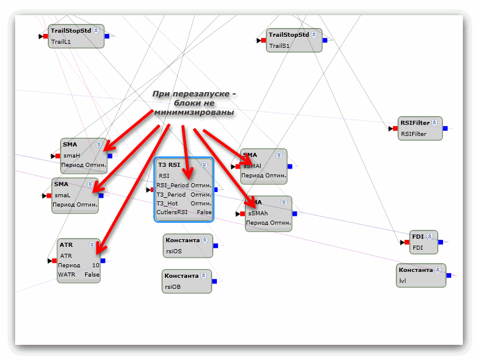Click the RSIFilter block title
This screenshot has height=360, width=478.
(414, 123)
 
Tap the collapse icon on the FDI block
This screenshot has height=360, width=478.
(429, 236)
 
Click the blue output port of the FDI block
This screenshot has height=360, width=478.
(441, 242)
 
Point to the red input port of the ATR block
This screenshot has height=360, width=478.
(54, 261)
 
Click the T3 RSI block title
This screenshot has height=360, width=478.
(168, 165)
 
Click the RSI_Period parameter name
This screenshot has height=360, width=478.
(173, 185)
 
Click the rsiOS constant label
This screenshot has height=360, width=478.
(173, 251)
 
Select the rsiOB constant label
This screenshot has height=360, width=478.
(173, 286)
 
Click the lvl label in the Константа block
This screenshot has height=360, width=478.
(403, 281)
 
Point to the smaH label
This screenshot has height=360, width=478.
(71, 156)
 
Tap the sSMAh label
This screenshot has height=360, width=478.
(257, 213)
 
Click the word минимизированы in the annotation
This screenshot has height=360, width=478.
(194, 111)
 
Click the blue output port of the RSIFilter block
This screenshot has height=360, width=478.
(445, 128)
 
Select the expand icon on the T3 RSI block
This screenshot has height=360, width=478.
(205, 165)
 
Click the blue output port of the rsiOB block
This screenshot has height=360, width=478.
(215, 281)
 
